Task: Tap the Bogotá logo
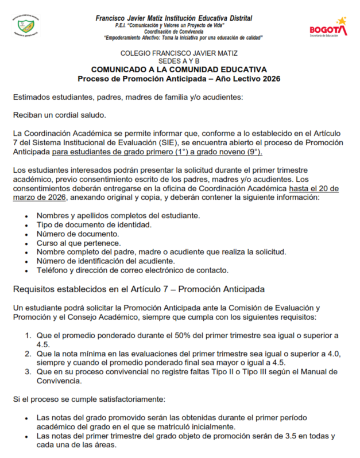click(x=328, y=27)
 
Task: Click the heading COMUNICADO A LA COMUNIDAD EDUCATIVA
click(x=179, y=69)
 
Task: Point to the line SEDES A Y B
click(x=179, y=61)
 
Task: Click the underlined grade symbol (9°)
click(x=252, y=152)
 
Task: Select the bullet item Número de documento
click(x=78, y=234)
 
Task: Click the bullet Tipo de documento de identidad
click(x=94, y=224)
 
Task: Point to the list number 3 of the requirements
click(x=27, y=371)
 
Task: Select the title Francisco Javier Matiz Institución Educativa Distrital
click(x=174, y=18)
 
